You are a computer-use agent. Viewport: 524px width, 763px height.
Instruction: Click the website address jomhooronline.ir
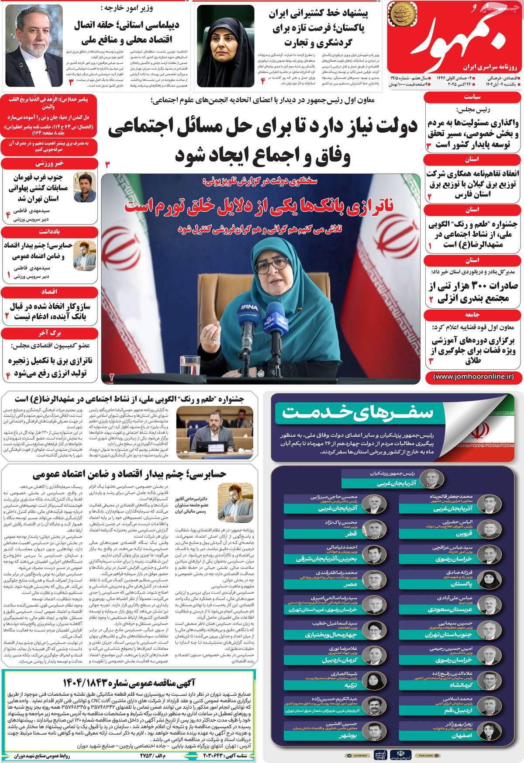coord(474,376)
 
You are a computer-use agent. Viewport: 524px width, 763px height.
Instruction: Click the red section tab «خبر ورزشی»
coord(48,162)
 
